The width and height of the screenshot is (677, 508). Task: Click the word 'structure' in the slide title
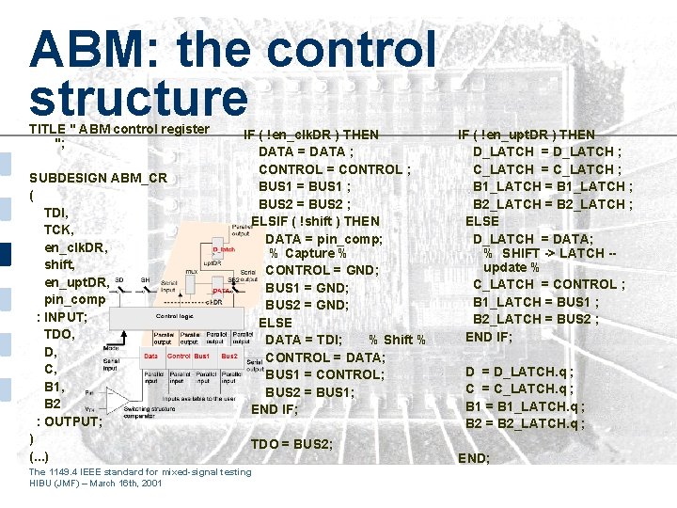point(138,100)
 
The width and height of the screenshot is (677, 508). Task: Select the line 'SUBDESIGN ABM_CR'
point(98,178)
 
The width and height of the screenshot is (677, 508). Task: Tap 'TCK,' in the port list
point(59,230)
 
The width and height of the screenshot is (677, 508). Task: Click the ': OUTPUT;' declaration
point(69,421)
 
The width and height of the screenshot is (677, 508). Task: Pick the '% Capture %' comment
point(307,253)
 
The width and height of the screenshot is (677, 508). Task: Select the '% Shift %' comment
point(397,340)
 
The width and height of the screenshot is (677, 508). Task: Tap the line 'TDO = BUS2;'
point(292,443)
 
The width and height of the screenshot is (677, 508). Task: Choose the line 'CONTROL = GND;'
point(322,270)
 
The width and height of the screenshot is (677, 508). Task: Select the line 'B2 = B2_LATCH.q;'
point(525,423)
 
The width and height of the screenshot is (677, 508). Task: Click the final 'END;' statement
point(474,458)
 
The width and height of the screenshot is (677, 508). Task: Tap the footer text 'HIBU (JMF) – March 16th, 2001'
point(96,483)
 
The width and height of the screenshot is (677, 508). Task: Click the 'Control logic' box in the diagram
point(174,316)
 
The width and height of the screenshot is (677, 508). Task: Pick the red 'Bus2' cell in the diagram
point(228,357)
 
